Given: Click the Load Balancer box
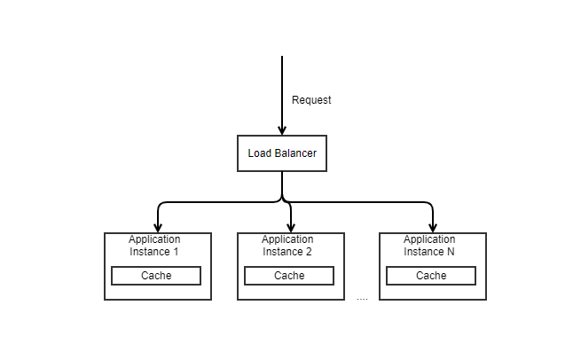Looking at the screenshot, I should [282, 153].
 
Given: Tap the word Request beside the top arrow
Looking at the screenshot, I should [311, 100].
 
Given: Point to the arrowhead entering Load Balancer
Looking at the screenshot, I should [282, 130].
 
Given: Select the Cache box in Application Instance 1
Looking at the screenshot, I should [156, 276].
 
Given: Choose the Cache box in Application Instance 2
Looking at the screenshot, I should [289, 276].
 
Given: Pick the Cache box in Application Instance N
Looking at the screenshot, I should [431, 276].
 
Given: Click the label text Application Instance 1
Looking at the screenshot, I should [154, 246].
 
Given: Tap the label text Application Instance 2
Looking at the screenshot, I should [287, 246].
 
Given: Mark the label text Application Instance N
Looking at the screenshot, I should [429, 246].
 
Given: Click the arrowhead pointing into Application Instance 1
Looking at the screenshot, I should [158, 228].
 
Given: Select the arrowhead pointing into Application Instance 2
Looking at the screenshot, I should [291, 228].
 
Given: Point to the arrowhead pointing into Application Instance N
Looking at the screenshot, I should [433, 228].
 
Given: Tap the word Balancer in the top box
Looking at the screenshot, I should [295, 153].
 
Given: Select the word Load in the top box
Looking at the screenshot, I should [259, 153].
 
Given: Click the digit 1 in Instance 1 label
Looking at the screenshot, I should [176, 252].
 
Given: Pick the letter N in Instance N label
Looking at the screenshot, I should [451, 252].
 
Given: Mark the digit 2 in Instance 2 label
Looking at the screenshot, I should [309, 252].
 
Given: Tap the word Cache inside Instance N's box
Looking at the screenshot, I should [431, 276].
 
